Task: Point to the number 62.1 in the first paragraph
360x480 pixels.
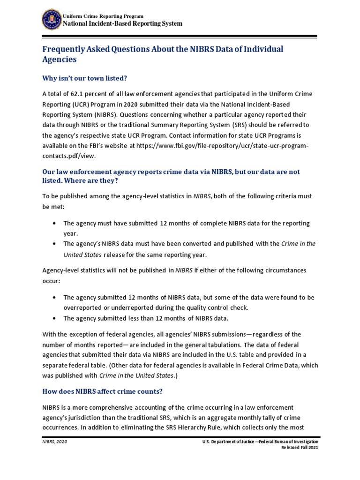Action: pyautogui.click(x=83, y=94)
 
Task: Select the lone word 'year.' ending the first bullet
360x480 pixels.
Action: pyautogui.click(x=71, y=233)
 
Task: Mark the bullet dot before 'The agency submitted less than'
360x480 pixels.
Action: pyautogui.click(x=55, y=318)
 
